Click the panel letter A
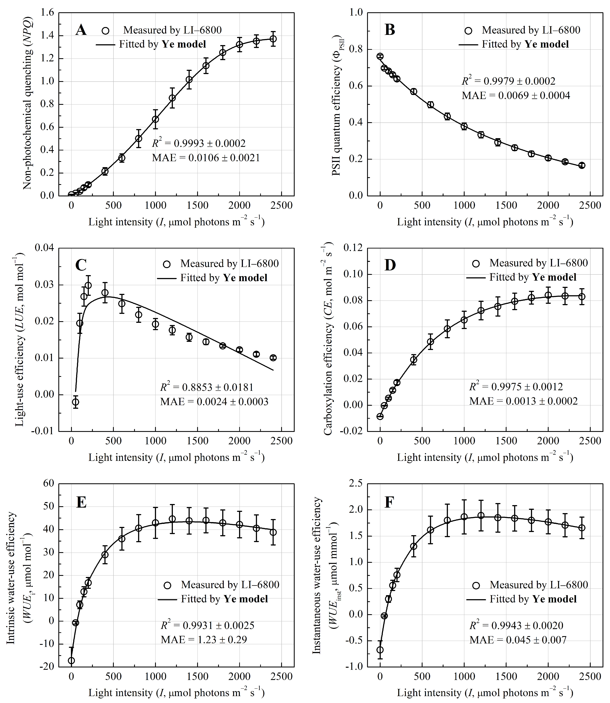81,30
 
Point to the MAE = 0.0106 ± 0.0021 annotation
206,157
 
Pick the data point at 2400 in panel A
273,39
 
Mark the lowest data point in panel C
76,402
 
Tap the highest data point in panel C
88,285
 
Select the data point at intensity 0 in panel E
71,661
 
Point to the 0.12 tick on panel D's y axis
353,248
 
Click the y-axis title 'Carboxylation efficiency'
327,340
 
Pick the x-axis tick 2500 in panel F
590,677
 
